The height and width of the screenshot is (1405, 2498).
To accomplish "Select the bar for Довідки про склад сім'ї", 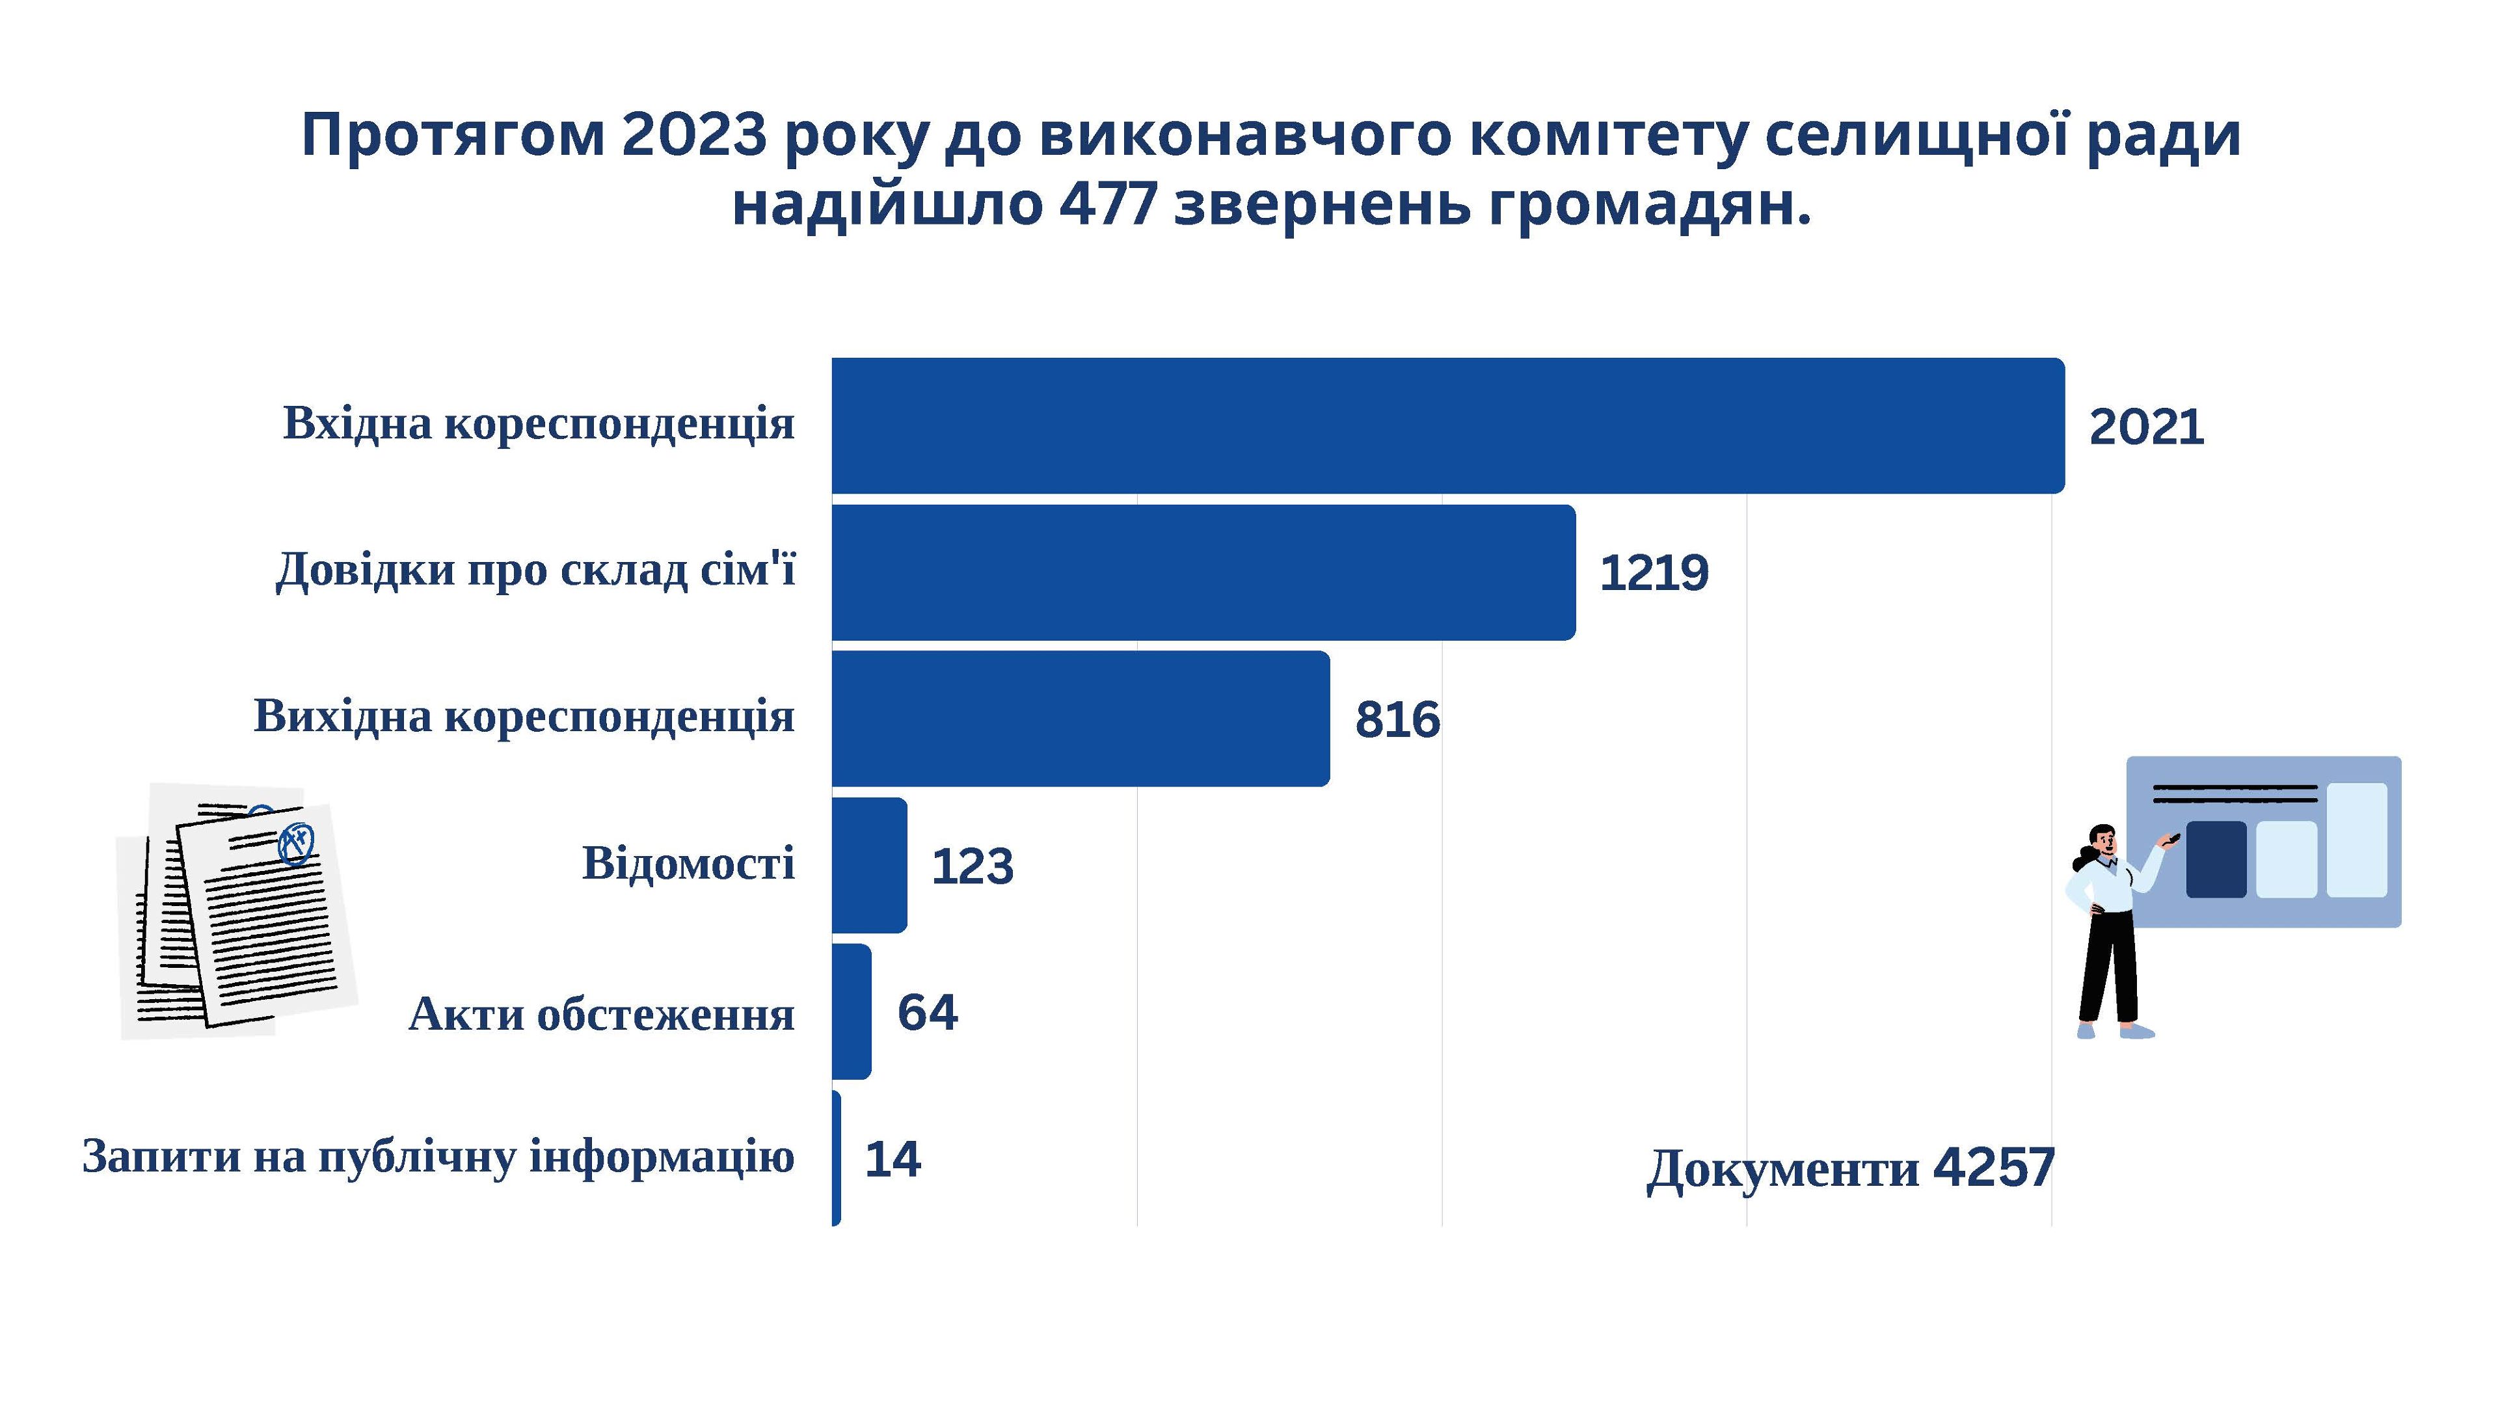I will [x=1202, y=572].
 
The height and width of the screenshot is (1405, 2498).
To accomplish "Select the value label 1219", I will [x=1654, y=573].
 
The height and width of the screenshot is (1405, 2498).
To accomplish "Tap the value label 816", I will [x=1397, y=719].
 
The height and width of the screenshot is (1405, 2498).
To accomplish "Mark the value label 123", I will [x=972, y=866].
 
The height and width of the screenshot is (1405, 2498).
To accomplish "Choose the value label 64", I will [x=927, y=1012].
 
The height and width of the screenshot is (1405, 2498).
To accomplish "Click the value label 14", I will [x=892, y=1158].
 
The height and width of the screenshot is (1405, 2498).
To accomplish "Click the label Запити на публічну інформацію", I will [x=438, y=1157].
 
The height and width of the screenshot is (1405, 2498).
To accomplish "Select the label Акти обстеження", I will [x=601, y=1014].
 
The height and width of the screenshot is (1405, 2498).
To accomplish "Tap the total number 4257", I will [x=1994, y=1166].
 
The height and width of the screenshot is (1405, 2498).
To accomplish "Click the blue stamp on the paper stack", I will [x=296, y=844].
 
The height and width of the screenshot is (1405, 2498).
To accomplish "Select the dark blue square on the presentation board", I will [x=2216, y=859].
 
